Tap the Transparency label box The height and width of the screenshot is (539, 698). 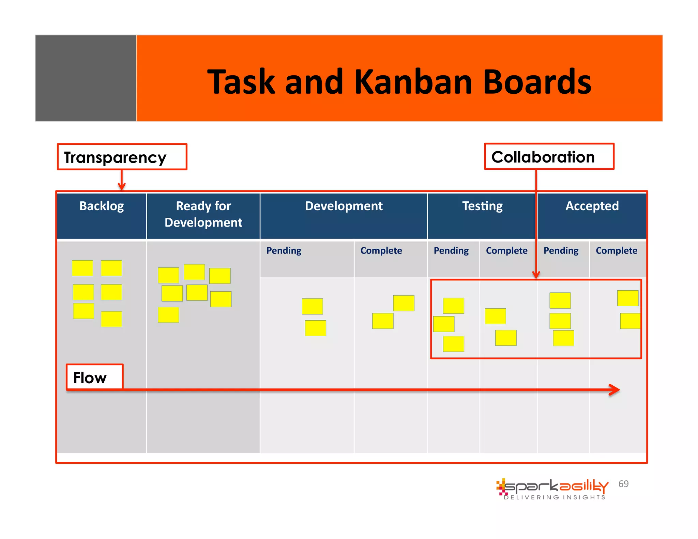tap(122, 157)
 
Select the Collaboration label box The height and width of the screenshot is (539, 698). tap(549, 157)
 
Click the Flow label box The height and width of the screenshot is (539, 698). tap(94, 377)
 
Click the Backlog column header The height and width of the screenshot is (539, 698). tap(101, 206)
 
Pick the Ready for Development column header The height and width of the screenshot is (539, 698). tap(203, 214)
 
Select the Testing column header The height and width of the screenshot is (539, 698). tap(482, 206)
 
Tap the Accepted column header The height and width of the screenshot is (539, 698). tap(592, 206)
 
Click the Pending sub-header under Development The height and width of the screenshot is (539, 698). tap(284, 251)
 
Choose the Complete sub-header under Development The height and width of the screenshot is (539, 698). tap(381, 251)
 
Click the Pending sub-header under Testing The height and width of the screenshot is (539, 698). tap(451, 251)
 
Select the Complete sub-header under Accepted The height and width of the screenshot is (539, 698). tap(616, 251)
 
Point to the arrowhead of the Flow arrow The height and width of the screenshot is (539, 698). tap(615, 390)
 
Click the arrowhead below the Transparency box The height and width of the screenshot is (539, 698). tap(122, 186)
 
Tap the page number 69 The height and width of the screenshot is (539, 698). tap(623, 484)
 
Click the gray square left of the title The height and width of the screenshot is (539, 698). tap(86, 78)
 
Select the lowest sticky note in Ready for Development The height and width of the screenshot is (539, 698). tap(168, 315)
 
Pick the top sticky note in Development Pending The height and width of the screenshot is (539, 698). tap(312, 306)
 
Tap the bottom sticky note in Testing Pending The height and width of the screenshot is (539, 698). tap(453, 344)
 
